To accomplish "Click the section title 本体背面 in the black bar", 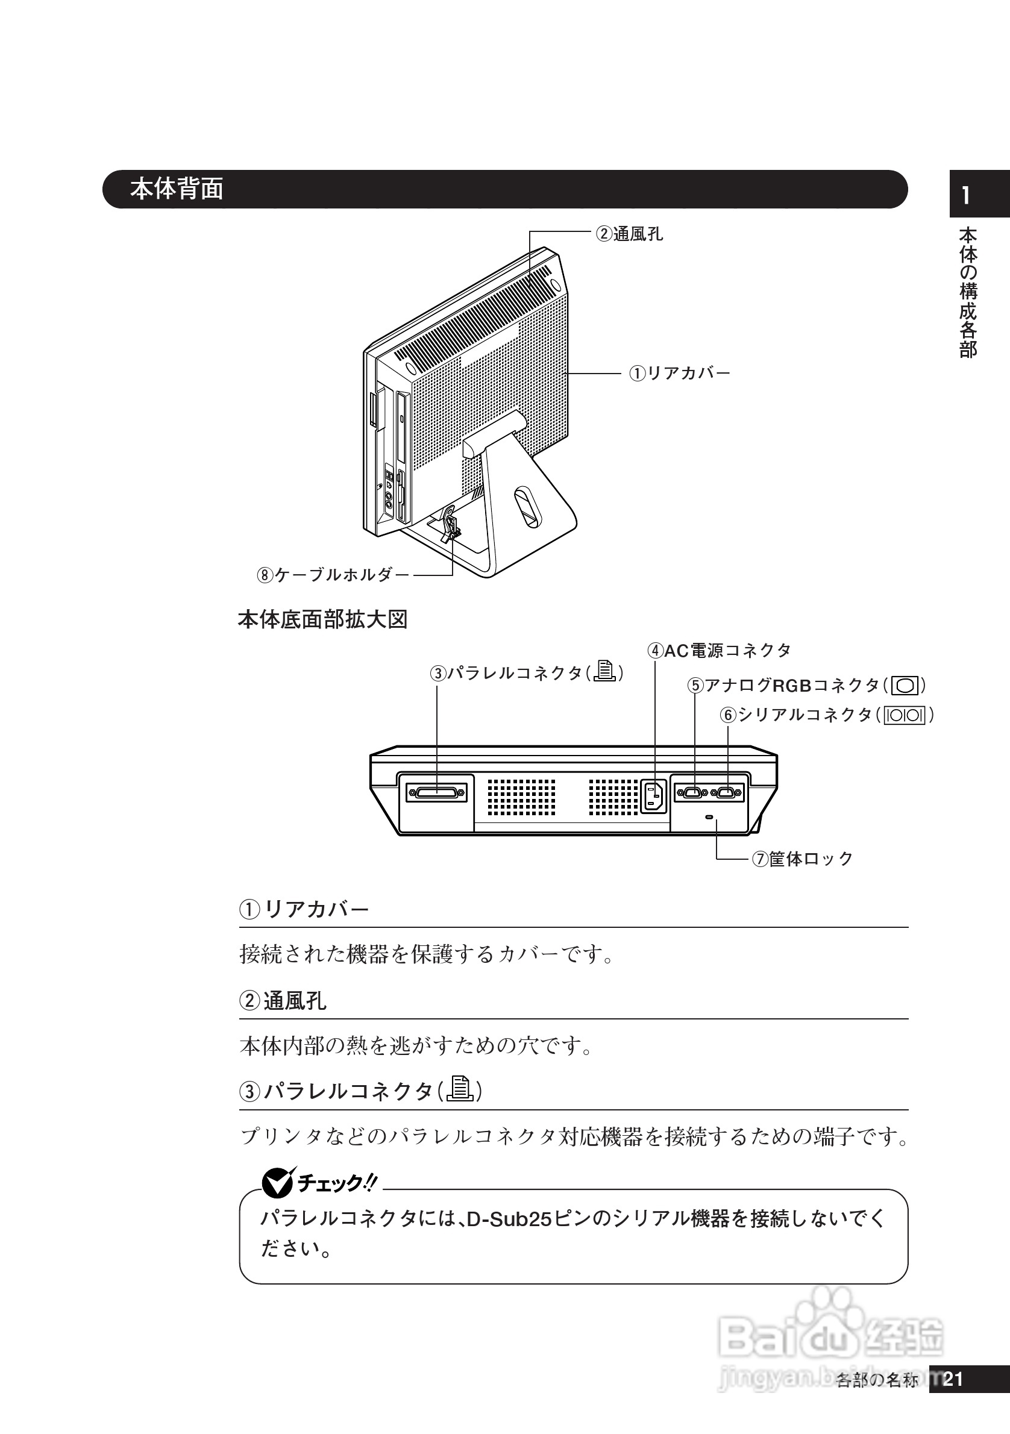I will pyautogui.click(x=177, y=189).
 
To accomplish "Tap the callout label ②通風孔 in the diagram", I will pyautogui.click(x=629, y=234).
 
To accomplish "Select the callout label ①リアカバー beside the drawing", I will pyautogui.click(x=679, y=374).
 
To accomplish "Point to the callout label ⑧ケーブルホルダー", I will pyautogui.click(x=333, y=575).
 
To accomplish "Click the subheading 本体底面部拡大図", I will pyautogui.click(x=322, y=619).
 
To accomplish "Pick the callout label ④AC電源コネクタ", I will pyautogui.click(x=719, y=651).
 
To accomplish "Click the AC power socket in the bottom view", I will pyautogui.click(x=654, y=797).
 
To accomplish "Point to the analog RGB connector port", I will pyautogui.click(x=692, y=792).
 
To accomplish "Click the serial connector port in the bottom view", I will pyautogui.click(x=726, y=792).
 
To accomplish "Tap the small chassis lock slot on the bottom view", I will pyautogui.click(x=708, y=818).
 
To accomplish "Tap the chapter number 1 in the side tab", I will pyautogui.click(x=966, y=196).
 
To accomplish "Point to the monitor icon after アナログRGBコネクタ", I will pyautogui.click(x=905, y=686).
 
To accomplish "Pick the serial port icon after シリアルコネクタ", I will pyautogui.click(x=905, y=715).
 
